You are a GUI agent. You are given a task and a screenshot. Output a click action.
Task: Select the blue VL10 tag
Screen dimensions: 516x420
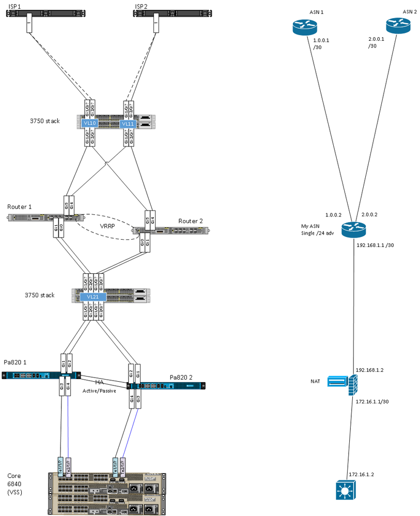tap(89, 123)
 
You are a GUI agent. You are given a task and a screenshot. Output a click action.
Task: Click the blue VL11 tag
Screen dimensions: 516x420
tap(128, 124)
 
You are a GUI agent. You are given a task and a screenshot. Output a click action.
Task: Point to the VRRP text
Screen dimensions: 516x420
tap(107, 226)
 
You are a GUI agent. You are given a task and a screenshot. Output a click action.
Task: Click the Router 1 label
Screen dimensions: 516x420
tap(20, 207)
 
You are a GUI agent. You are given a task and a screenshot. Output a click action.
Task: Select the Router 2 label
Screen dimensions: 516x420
tap(191, 221)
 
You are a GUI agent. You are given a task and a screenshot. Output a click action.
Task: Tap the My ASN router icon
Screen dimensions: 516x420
tap(353, 228)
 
